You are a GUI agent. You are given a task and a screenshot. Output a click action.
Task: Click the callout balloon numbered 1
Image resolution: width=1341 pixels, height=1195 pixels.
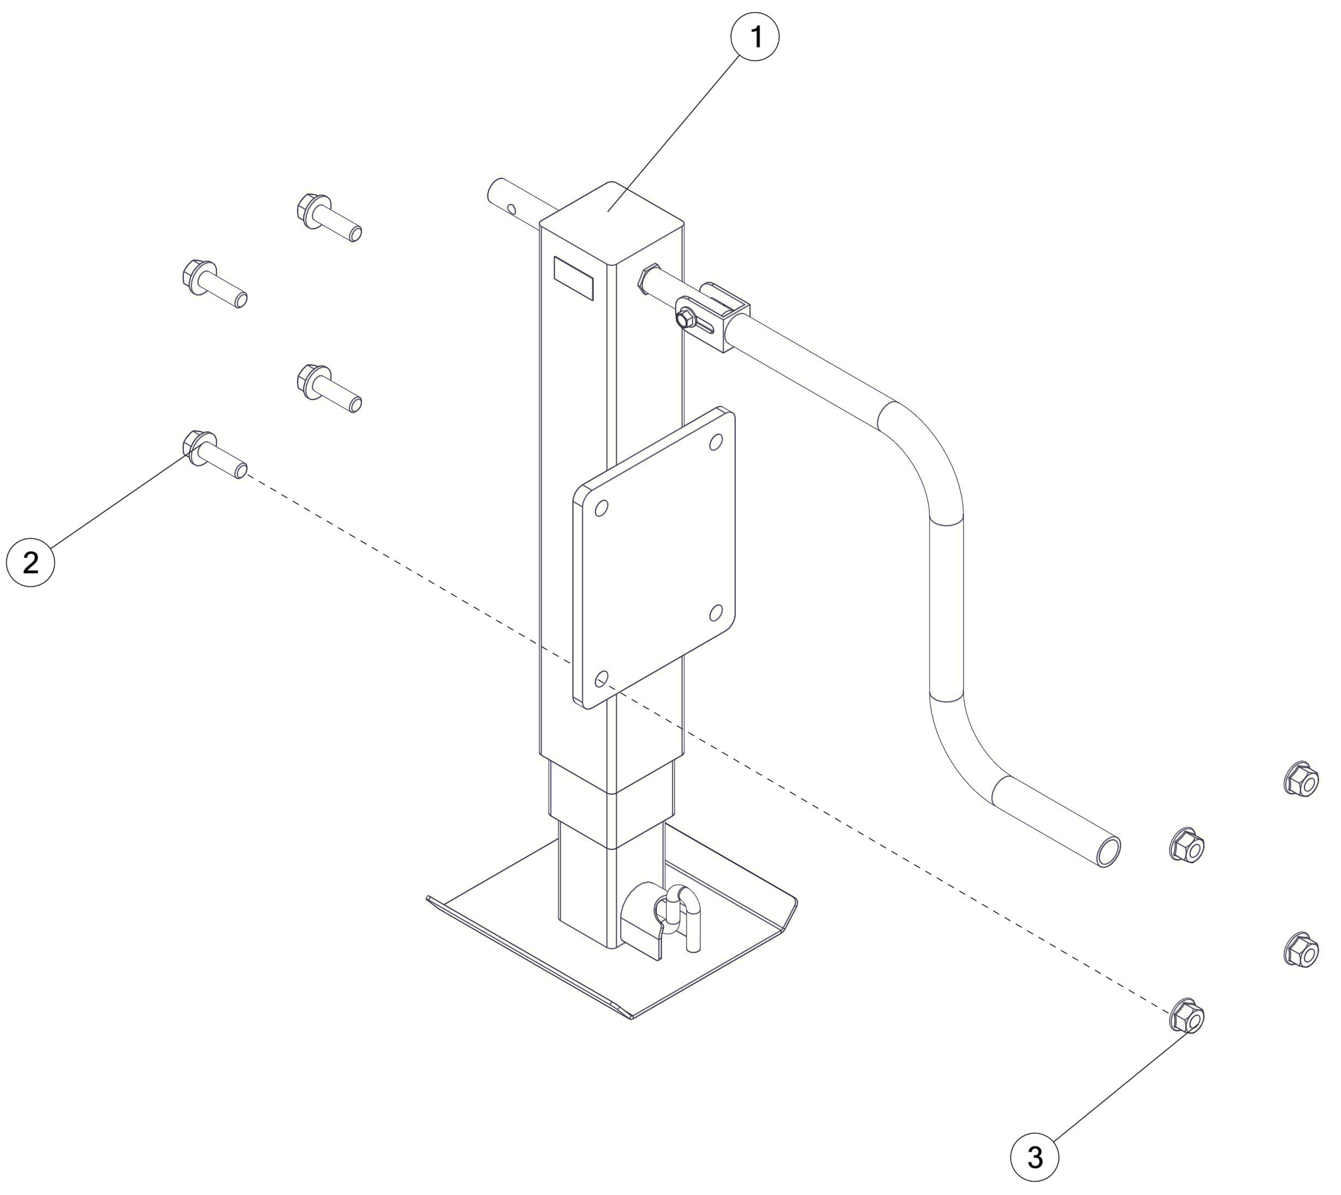click(x=755, y=38)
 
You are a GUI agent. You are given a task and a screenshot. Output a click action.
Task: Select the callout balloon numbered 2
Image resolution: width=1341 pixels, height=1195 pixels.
click(x=30, y=562)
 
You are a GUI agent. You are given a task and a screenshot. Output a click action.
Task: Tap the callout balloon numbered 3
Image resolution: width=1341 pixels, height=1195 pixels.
click(x=1035, y=1157)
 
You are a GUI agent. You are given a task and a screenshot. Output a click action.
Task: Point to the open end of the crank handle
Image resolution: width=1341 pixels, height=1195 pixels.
click(x=1108, y=853)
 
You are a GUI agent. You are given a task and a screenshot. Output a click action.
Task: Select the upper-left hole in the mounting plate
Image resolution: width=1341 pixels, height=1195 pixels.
click(x=601, y=508)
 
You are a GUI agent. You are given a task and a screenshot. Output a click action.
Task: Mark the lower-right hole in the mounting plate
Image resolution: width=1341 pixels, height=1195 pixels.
click(x=716, y=613)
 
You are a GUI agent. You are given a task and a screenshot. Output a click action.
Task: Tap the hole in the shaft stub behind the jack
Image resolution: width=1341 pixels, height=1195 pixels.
click(x=511, y=210)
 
